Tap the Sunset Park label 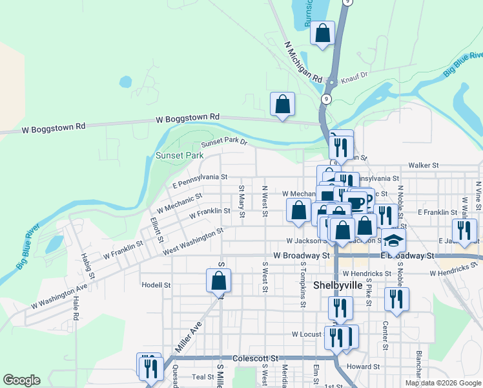click(x=180, y=156)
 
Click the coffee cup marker click(x=356, y=202)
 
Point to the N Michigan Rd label click(x=303, y=63)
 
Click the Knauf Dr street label click(x=354, y=75)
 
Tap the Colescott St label click(x=255, y=358)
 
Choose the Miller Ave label click(x=188, y=337)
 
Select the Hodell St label click(x=156, y=285)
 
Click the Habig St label click(x=88, y=265)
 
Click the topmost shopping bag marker click(x=322, y=33)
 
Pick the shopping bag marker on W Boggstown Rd click(x=282, y=104)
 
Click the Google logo click(x=21, y=380)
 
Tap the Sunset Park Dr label click(x=223, y=143)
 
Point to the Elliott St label click(x=156, y=228)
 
